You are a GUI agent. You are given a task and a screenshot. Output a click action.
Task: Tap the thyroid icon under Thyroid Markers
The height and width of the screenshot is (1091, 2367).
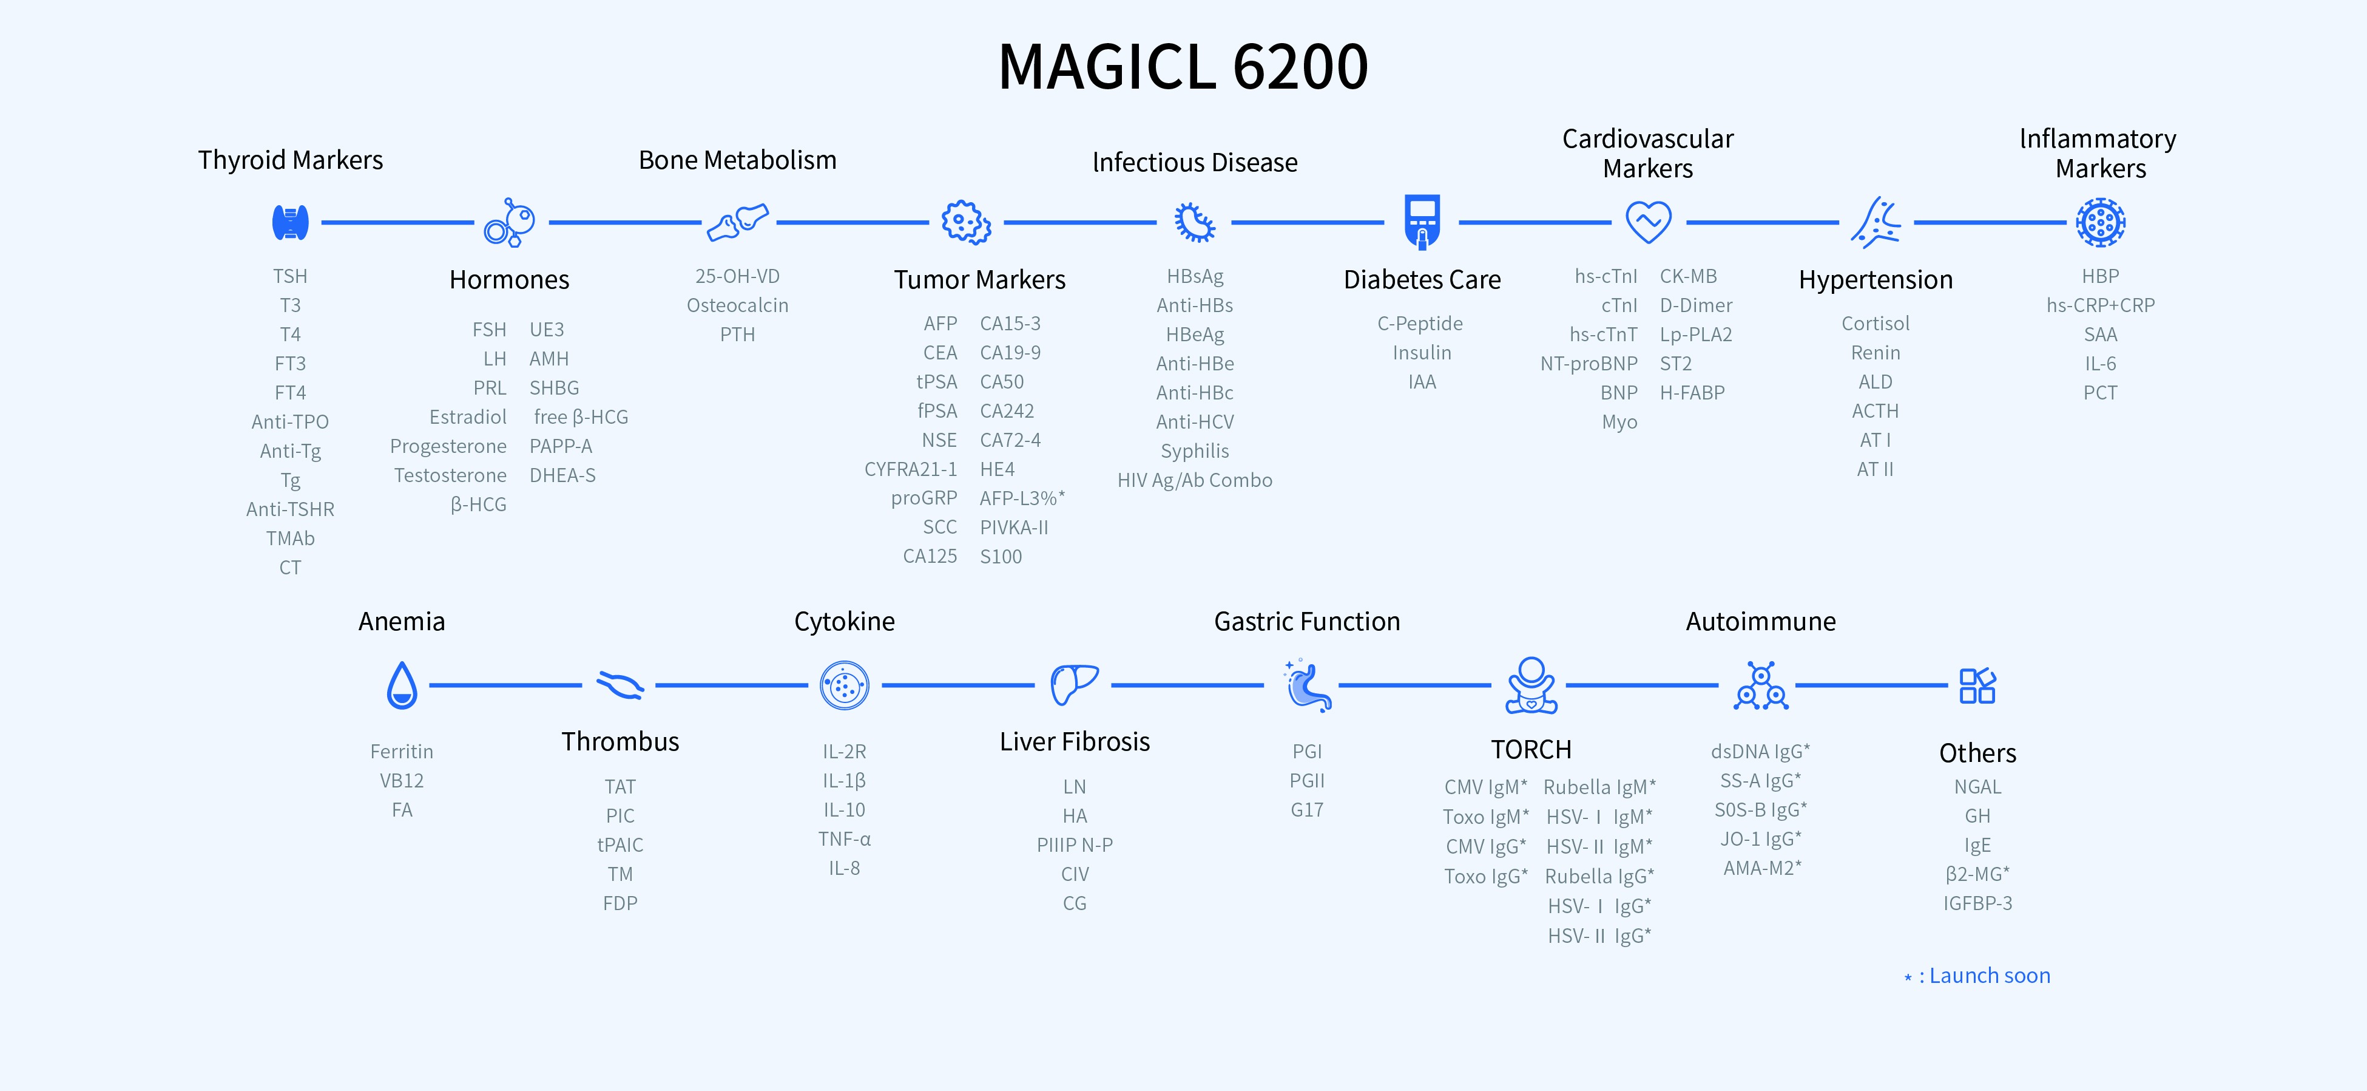291,222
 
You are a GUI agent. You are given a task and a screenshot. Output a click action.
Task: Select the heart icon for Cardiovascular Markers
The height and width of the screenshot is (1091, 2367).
1649,222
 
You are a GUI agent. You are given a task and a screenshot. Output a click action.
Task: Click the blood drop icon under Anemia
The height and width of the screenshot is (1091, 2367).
402,685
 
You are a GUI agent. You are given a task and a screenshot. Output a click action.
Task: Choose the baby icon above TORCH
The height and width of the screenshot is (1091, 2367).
1531,685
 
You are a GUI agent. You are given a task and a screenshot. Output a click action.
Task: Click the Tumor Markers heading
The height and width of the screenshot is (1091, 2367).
979,279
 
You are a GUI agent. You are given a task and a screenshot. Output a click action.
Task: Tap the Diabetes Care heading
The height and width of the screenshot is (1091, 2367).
1422,279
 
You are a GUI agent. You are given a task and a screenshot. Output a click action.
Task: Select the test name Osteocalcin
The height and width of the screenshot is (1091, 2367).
737,305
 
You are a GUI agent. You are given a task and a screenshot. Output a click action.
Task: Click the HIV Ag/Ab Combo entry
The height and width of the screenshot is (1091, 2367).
1195,480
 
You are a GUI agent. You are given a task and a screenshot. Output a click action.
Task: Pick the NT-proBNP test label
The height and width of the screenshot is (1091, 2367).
1589,364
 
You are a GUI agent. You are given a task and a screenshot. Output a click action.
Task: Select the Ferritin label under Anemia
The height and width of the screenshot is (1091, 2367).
402,751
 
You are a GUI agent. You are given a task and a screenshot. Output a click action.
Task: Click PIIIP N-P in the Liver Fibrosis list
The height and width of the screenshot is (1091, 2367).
1074,845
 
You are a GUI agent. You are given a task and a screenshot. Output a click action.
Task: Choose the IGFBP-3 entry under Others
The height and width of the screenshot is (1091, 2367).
1977,903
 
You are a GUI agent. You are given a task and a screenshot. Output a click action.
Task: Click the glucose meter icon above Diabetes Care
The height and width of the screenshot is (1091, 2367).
1422,222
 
